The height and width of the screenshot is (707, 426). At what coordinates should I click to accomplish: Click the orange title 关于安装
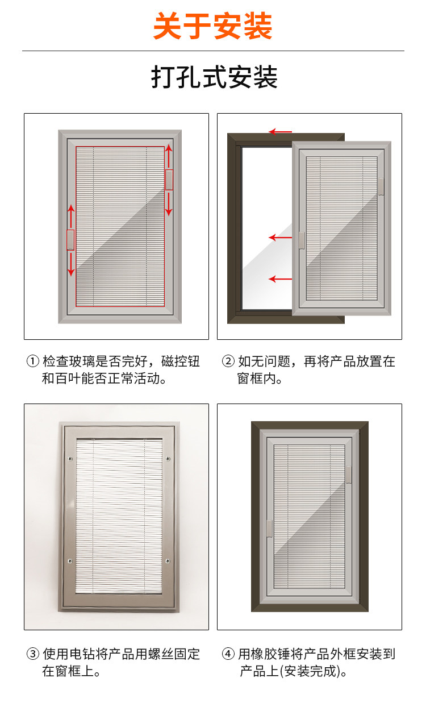click(213, 26)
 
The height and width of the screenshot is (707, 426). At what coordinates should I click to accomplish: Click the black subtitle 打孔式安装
click(214, 77)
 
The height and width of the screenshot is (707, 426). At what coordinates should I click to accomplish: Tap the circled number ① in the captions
click(33, 361)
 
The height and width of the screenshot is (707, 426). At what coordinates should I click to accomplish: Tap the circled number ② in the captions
click(228, 361)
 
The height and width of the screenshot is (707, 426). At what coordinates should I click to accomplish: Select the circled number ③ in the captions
click(33, 654)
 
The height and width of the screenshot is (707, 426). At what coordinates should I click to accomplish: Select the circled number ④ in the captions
click(228, 654)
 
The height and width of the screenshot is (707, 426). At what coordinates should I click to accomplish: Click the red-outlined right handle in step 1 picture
click(169, 179)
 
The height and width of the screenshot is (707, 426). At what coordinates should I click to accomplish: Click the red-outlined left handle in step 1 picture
click(70, 240)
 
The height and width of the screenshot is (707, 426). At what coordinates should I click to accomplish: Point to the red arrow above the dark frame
click(280, 132)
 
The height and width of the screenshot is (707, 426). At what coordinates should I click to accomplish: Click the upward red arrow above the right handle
click(169, 156)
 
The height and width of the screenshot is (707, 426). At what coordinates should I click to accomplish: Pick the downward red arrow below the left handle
click(70, 264)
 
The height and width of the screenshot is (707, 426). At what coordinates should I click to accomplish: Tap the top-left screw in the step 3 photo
click(70, 459)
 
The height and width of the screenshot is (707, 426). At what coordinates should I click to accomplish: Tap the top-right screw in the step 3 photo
click(168, 459)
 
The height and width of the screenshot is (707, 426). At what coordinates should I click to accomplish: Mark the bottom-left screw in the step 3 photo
click(70, 561)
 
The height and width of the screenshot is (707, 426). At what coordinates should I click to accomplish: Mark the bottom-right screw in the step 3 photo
click(168, 561)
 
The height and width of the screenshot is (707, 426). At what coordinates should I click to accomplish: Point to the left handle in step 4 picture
click(270, 529)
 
